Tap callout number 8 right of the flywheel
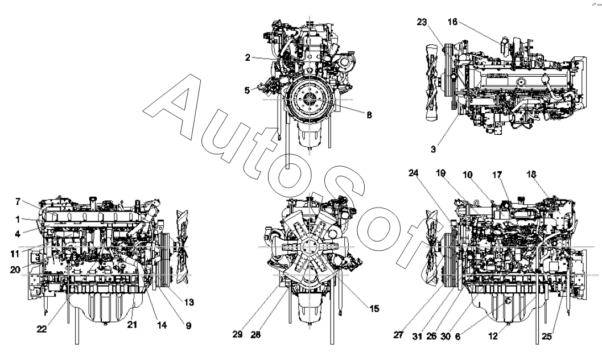point(369,114)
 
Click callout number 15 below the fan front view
point(373,309)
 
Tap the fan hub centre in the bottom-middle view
point(310,247)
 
